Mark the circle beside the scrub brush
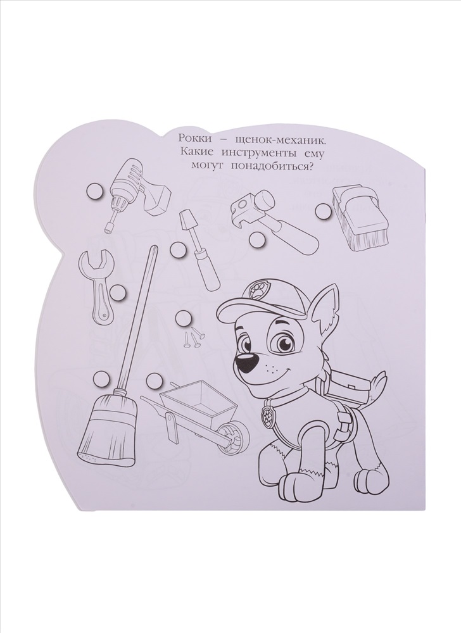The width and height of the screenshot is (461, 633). tap(322, 210)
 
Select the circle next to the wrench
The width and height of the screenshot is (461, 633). tap(118, 291)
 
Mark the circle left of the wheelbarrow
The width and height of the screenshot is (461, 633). tap(155, 379)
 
